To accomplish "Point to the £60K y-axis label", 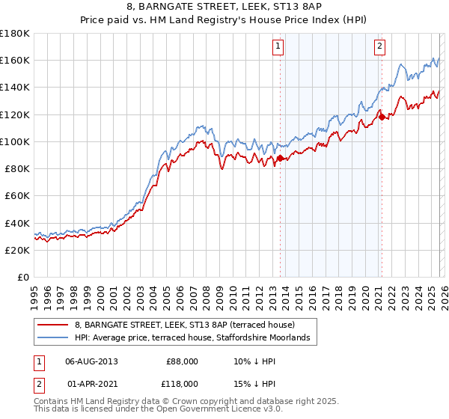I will tap(16, 195).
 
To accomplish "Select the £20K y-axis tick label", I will tap(16, 250).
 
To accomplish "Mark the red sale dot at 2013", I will tap(280, 158).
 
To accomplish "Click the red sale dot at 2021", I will tap(382, 117).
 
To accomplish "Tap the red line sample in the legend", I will tap(52, 325).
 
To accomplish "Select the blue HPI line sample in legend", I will tap(52, 338).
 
